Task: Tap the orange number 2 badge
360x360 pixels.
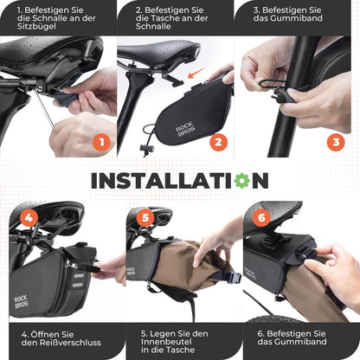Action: [x=218, y=143]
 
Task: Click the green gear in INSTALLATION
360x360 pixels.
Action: [x=240, y=181]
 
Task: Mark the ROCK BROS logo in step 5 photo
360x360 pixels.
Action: [x=132, y=271]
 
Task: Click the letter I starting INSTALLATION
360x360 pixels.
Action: [x=95, y=181]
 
